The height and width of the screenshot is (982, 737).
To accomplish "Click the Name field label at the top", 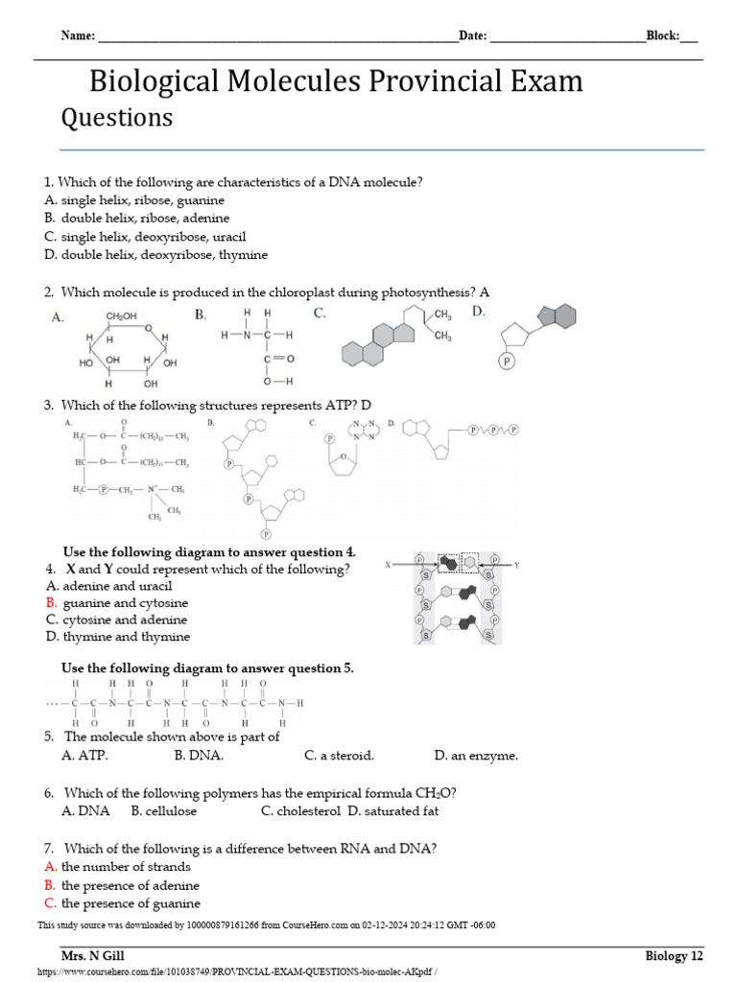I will tap(78, 36).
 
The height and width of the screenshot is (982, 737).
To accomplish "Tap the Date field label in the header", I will tap(473, 36).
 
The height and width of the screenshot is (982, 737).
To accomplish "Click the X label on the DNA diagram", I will tap(389, 566).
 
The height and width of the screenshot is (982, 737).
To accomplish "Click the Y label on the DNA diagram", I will tap(516, 566).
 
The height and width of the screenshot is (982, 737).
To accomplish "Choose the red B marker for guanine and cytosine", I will tap(51, 603).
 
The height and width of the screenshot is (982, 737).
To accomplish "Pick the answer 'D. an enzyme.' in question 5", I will tap(476, 756).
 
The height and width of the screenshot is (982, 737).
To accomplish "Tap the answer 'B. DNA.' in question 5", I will tap(199, 756).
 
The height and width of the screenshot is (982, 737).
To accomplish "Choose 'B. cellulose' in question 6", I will tap(164, 811).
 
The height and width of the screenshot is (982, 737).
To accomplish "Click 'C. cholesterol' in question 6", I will tap(300, 811).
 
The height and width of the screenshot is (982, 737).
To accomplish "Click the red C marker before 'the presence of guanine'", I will tap(51, 903).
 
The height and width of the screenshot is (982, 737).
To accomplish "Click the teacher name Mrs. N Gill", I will tap(93, 956).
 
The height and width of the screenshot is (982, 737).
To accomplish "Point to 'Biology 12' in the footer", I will tap(674, 956).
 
